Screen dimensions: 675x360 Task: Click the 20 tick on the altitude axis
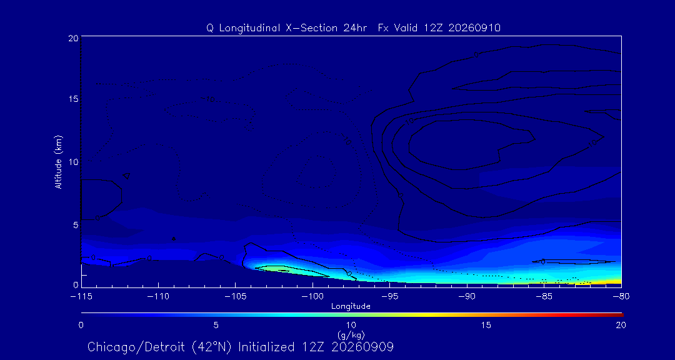click(x=73, y=38)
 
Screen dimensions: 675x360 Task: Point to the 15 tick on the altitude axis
click(x=73, y=99)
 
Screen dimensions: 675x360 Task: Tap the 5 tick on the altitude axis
click(x=76, y=225)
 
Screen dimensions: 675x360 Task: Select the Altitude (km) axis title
click(x=59, y=161)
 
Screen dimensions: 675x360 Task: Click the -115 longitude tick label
click(x=81, y=297)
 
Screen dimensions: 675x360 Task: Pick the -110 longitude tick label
click(x=158, y=297)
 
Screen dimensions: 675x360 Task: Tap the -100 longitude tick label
click(x=312, y=297)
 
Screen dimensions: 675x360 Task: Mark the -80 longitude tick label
click(x=621, y=297)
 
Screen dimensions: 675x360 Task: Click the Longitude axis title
click(x=351, y=307)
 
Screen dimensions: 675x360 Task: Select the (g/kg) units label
click(x=351, y=334)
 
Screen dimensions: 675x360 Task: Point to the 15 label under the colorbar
click(x=486, y=325)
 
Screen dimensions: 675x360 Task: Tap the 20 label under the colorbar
click(x=621, y=325)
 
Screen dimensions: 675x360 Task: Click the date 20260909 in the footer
click(x=371, y=347)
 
